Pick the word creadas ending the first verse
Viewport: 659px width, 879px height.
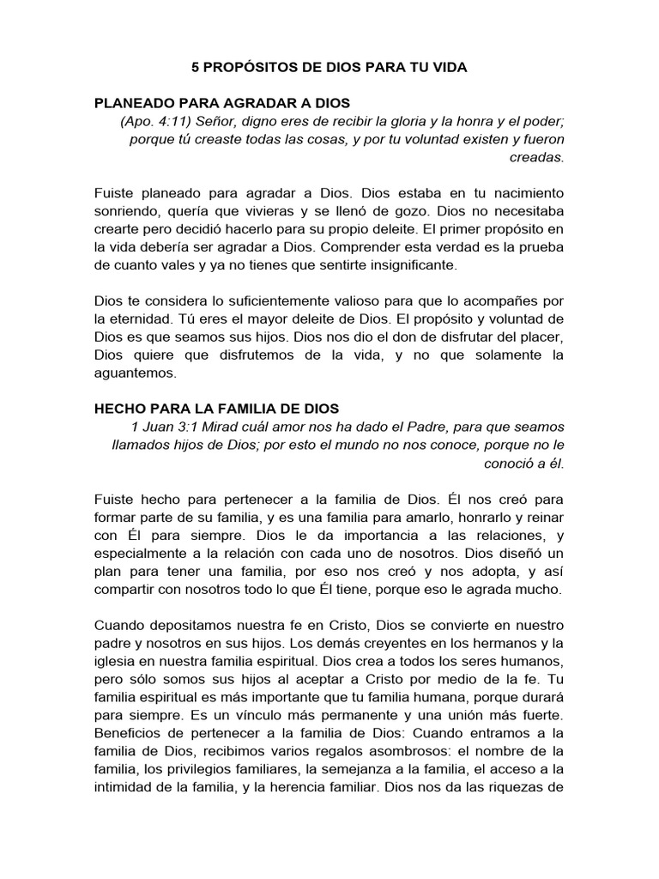click(x=537, y=157)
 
